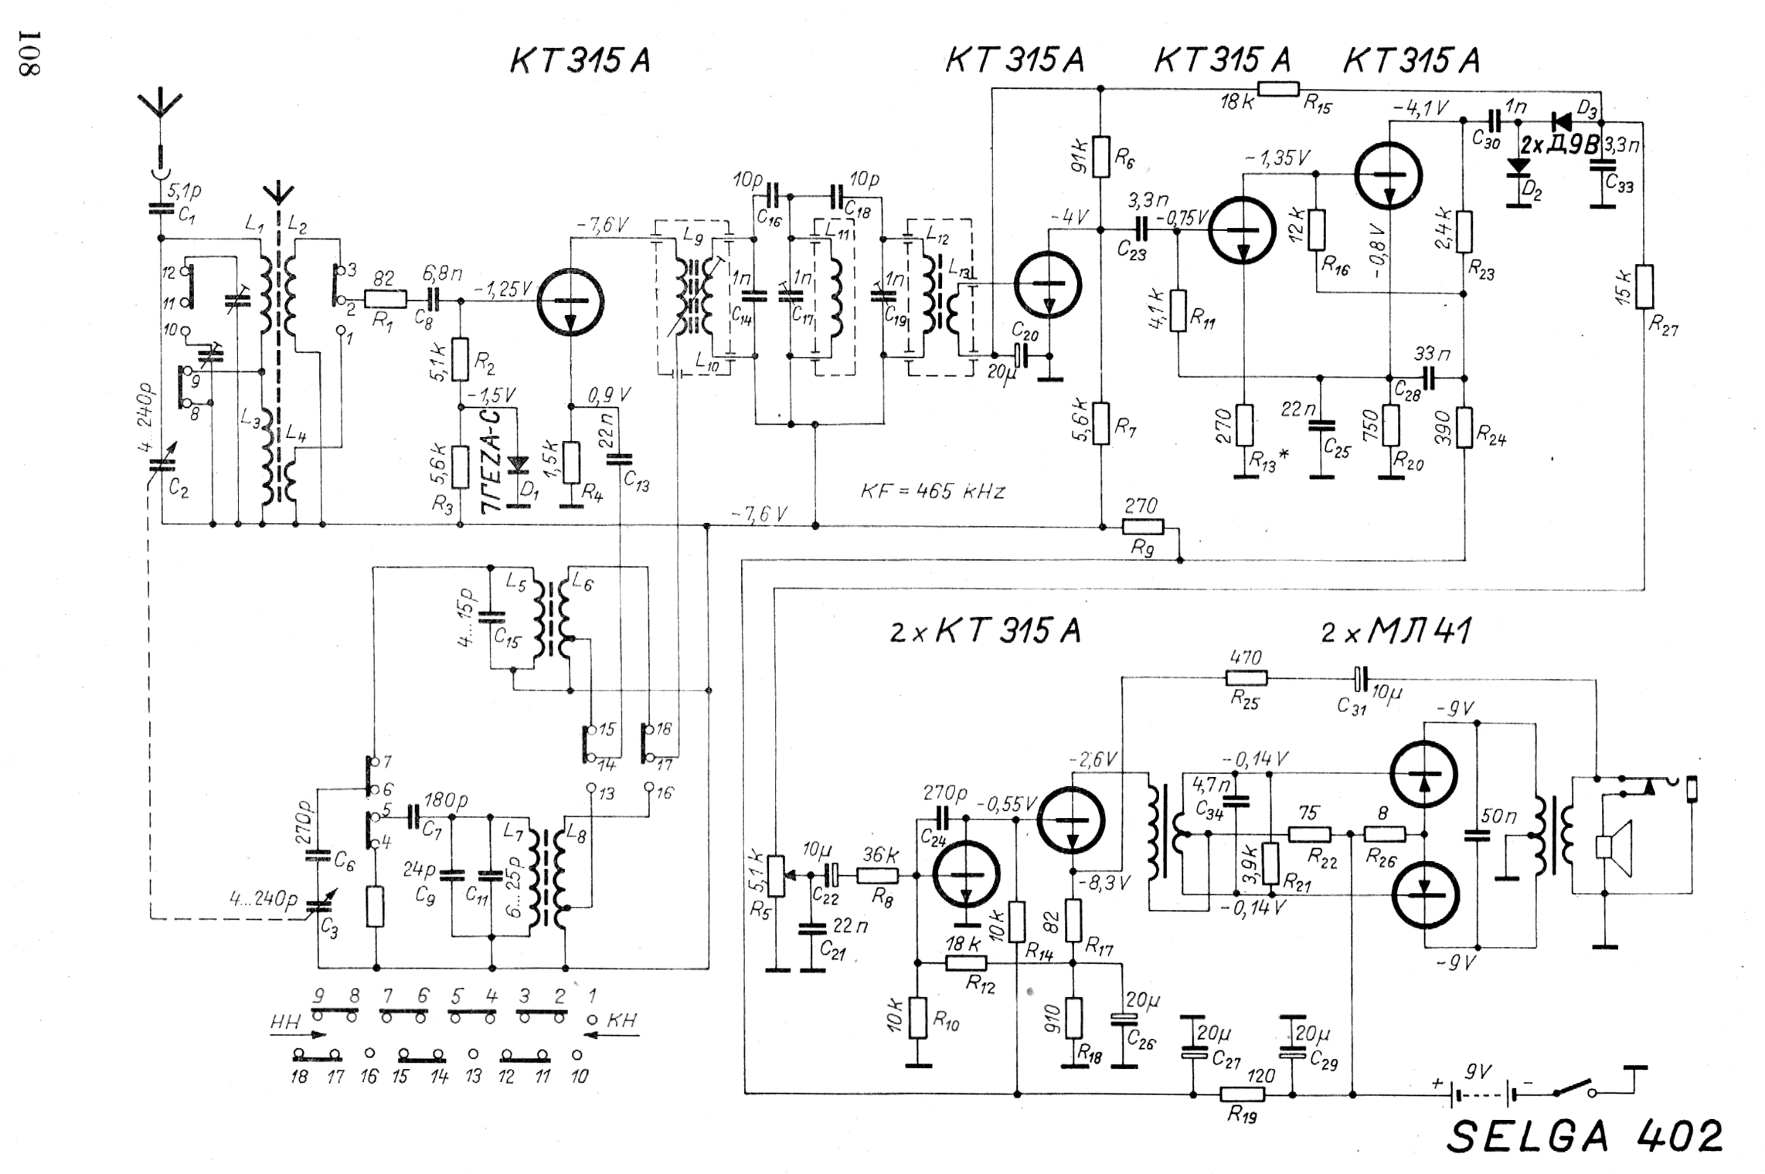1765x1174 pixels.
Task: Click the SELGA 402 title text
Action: [x=1584, y=1136]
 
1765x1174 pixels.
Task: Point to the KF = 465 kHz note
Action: [x=932, y=491]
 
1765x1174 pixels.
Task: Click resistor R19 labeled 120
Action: [x=1242, y=1094]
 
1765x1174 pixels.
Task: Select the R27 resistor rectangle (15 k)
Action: [x=1644, y=286]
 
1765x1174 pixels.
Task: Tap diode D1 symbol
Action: [x=519, y=464]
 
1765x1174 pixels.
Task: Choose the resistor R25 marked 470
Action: [x=1246, y=678]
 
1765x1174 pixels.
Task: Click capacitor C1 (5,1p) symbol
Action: [x=161, y=207]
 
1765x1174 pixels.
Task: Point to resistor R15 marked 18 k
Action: [x=1278, y=89]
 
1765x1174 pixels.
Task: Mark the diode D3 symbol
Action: [x=1563, y=120]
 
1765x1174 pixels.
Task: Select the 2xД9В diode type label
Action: [x=1559, y=145]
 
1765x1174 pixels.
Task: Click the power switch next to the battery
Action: [x=1573, y=1089]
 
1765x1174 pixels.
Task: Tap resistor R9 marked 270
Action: [x=1141, y=527]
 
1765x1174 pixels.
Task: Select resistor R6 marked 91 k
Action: [x=1101, y=156]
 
